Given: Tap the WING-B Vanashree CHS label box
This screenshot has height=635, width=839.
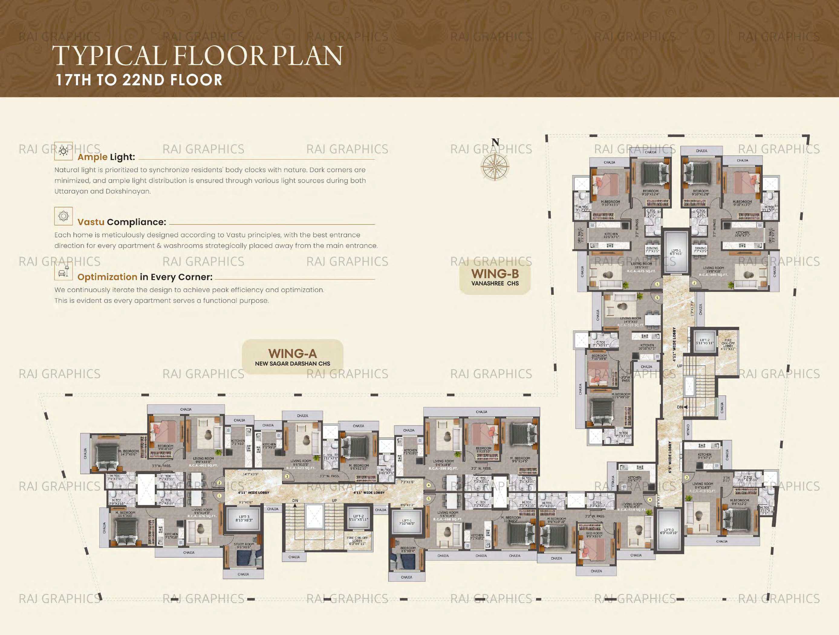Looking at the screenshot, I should (495, 278).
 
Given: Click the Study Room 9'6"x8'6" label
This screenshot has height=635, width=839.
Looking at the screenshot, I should (244, 545).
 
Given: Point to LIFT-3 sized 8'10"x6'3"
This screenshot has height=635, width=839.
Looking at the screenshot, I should (244, 519).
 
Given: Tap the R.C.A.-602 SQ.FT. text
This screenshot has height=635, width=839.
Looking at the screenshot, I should (203, 465).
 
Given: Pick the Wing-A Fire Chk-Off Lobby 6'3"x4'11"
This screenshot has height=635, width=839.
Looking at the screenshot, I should (357, 541).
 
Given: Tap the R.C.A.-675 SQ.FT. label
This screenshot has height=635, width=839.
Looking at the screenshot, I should (641, 271).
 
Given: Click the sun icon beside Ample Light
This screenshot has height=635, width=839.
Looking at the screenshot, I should (63, 152).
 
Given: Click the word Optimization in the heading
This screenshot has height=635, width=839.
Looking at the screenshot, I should (107, 277).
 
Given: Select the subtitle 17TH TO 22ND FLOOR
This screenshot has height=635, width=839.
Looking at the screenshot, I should (139, 80).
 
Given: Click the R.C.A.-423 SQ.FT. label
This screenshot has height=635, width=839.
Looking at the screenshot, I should (301, 468).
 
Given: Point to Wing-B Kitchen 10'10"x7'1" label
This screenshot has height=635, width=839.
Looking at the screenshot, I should (647, 347).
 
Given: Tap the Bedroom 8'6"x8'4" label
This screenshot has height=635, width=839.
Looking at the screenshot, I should (408, 549).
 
